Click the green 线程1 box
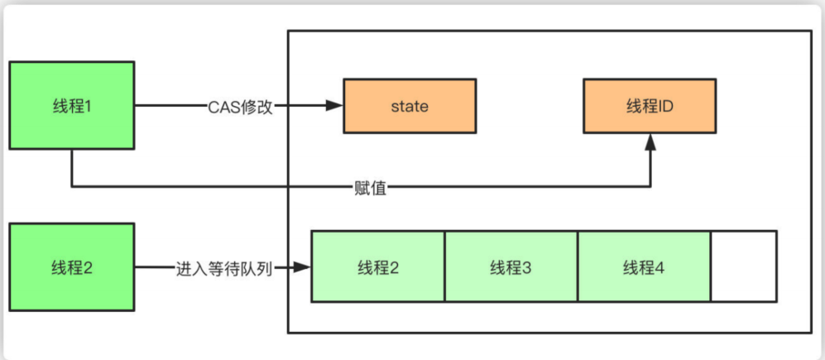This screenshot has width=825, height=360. click(x=72, y=106)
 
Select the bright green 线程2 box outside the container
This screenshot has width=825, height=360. click(x=72, y=267)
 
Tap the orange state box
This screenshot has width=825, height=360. click(x=410, y=106)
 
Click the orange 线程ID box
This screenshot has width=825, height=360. click(x=650, y=106)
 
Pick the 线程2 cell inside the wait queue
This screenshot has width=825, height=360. click(x=378, y=267)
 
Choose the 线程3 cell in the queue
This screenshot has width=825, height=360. click(x=511, y=267)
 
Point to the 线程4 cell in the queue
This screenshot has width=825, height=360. click(x=644, y=267)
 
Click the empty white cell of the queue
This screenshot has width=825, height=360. click(x=743, y=267)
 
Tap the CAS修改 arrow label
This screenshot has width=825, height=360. click(x=241, y=106)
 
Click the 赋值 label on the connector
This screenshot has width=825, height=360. click(x=365, y=187)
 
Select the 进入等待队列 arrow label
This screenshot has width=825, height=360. click(x=224, y=268)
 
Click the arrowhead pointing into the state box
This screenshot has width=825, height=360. click(x=335, y=106)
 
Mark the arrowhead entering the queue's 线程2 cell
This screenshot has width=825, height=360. click(x=303, y=267)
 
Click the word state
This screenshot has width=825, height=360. click(x=410, y=106)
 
